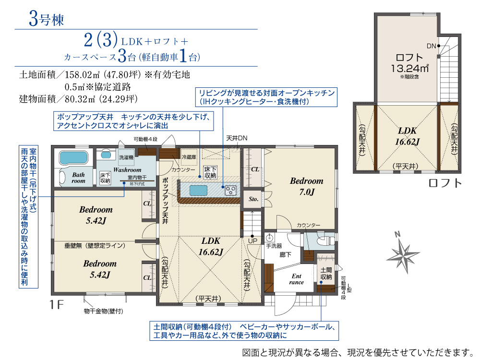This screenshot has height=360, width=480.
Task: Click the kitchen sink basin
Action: tap(198, 191)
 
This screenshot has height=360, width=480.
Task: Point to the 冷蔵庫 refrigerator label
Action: tap(189, 157)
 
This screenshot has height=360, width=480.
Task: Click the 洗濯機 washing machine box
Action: tap(126, 157)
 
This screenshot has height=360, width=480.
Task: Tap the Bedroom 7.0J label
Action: tap(306, 186)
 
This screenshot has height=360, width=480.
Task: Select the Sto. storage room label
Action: tap(253, 199)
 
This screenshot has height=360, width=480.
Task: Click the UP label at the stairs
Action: tap(252, 240)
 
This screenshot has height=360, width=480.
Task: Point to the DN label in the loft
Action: tap(431, 46)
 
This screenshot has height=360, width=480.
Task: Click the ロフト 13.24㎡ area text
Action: tap(409, 63)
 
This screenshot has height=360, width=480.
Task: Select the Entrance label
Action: tap(296, 279)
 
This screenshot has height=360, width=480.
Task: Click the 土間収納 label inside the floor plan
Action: tap(326, 274)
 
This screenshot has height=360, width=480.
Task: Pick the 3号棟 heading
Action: tap(47, 19)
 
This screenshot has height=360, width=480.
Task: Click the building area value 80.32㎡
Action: tap(79, 99)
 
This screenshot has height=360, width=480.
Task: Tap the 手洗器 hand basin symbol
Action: tap(270, 238)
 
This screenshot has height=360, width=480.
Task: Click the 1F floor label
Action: tap(56, 305)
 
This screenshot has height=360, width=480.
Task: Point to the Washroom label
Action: tap(127, 169)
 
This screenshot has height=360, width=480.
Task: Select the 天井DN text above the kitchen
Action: tap(237, 138)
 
